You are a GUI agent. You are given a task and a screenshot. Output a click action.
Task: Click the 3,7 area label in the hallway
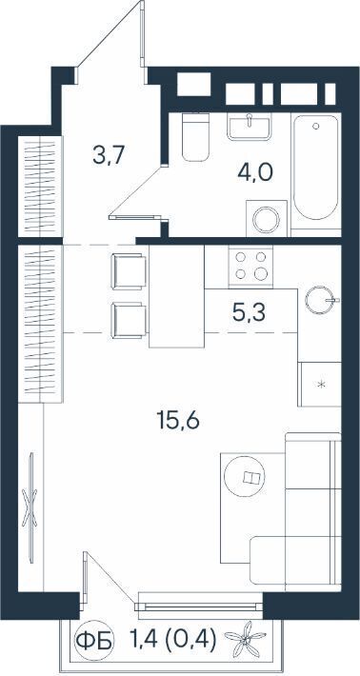[109, 155]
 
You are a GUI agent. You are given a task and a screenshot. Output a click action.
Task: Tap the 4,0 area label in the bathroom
[255, 173]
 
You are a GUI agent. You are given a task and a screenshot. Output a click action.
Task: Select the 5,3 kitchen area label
[249, 312]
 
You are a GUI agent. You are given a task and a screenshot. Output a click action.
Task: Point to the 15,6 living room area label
[178, 420]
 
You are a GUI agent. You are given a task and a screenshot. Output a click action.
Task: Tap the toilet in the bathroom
[195, 137]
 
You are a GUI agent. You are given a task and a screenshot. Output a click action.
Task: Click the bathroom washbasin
[250, 127]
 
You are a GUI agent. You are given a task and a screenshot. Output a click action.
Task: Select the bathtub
[316, 168]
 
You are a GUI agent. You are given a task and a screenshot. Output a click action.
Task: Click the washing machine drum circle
[267, 220]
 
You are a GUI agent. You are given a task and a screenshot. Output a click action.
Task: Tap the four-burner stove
[250, 266]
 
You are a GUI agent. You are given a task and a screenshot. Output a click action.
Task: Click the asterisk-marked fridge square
[319, 384]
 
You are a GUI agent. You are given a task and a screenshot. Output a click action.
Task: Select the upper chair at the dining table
[129, 271]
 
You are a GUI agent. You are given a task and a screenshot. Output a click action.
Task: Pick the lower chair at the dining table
[129, 320]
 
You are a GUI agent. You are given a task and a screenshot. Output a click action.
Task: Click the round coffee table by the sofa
[246, 477]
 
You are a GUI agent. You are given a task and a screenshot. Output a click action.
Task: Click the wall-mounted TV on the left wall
[31, 507]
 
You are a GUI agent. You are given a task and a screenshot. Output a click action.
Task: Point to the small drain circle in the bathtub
[316, 126]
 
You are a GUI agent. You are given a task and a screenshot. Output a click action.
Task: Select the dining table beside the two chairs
[176, 296]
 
